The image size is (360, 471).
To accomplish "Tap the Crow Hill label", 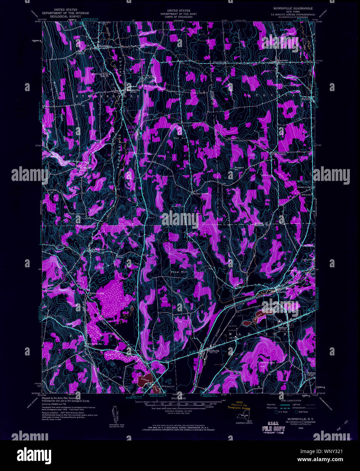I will pos(179,272).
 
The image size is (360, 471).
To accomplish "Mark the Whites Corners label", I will pos(96,293).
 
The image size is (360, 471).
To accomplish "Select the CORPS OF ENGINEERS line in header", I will pos(178,17).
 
